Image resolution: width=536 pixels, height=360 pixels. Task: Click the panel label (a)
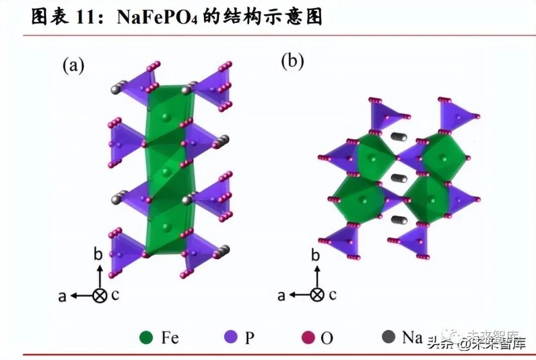coord(73,65)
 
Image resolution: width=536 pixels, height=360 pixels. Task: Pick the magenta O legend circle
coord(309,338)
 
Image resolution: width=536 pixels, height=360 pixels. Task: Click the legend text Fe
coord(170,338)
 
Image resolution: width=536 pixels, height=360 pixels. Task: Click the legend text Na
coord(411,337)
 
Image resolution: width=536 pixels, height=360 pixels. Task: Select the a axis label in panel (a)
coord(63,296)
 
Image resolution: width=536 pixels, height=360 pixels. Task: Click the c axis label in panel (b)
coord(332,295)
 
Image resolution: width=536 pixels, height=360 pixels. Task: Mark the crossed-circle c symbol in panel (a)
coord(100,296)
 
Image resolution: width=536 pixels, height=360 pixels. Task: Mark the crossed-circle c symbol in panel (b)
coord(317,295)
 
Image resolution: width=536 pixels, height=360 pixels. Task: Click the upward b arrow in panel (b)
coord(317,276)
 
